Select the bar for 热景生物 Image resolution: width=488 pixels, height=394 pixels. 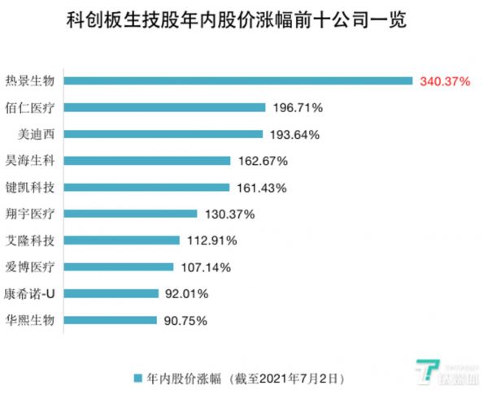tap(239, 80)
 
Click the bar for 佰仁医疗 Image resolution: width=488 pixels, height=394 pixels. tap(165, 107)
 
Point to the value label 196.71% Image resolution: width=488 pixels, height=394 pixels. tap(298, 107)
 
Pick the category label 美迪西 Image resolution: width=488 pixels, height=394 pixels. tap(36, 134)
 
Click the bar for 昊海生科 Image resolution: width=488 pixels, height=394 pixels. tap(147, 161)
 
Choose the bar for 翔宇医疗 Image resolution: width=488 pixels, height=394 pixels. tap(131, 214)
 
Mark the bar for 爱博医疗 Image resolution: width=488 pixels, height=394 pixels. tap(120, 266)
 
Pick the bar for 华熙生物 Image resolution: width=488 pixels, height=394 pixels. tap(111, 320)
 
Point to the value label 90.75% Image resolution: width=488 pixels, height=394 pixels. tap(185, 320)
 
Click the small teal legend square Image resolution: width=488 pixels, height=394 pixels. tap(139, 378)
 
